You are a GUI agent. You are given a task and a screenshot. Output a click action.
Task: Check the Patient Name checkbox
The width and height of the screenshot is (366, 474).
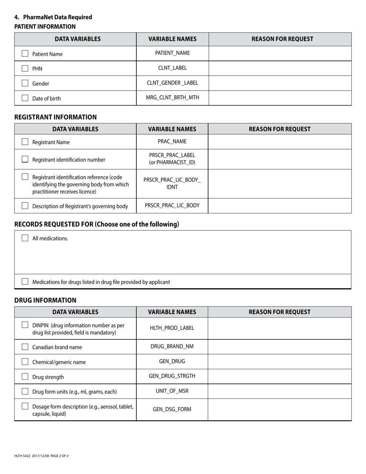click(x=25, y=54)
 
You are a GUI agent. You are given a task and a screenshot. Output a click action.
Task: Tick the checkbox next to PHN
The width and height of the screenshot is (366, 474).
click(x=25, y=68)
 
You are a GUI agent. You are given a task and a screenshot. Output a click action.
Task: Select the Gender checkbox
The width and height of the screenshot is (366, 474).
click(x=25, y=83)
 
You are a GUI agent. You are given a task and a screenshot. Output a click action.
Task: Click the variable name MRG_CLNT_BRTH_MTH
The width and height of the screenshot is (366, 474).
click(x=172, y=97)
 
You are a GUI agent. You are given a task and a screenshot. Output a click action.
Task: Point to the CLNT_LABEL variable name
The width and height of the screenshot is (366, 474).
click(x=172, y=68)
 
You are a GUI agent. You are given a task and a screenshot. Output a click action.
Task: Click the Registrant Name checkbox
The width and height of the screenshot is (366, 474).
click(x=25, y=142)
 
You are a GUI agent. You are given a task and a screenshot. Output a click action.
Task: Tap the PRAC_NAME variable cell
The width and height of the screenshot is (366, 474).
click(x=172, y=141)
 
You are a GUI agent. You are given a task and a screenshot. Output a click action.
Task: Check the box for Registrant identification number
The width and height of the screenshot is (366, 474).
click(x=25, y=159)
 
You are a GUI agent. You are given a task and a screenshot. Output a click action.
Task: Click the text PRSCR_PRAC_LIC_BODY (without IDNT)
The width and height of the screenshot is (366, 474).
click(x=172, y=205)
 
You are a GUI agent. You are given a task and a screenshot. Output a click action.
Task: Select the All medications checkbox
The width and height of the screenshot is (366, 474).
click(x=25, y=238)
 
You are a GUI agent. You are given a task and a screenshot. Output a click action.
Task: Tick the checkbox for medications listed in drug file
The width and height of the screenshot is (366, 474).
click(x=25, y=281)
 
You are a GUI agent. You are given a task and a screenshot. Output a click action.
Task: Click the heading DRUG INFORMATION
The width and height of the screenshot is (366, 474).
click(x=45, y=300)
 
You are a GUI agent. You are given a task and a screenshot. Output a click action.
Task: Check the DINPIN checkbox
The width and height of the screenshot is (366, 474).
click(x=25, y=325)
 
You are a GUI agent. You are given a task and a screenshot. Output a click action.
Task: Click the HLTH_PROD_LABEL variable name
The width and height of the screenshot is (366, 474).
click(x=172, y=328)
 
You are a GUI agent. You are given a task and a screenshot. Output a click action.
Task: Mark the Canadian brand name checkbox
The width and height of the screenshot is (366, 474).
click(x=25, y=347)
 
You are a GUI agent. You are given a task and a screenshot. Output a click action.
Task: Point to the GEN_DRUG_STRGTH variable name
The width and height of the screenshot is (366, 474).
click(x=172, y=376)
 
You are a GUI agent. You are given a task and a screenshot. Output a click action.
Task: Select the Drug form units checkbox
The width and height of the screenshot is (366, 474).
click(x=25, y=391)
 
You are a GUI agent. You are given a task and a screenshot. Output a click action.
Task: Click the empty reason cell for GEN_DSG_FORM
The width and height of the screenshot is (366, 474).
click(x=279, y=409)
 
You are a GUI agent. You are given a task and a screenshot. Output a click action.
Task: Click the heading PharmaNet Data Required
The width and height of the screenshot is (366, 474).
click(x=57, y=17)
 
